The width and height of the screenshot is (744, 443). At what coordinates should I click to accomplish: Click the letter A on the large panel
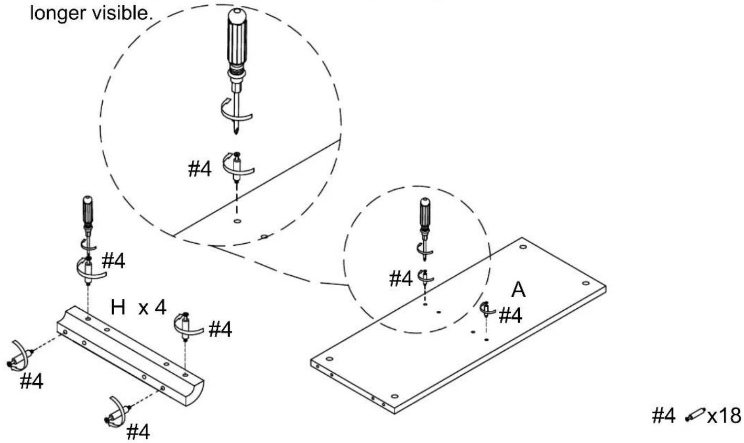coord(519,289)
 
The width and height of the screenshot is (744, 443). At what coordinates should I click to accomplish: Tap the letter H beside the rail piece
coord(118,307)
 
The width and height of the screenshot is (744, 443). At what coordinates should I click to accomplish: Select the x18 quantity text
coord(725,416)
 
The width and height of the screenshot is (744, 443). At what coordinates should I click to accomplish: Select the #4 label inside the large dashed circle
coord(200,169)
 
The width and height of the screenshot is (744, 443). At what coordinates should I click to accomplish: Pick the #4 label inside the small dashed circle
coord(401,278)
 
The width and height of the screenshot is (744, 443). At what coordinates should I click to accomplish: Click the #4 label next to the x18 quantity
coord(664,416)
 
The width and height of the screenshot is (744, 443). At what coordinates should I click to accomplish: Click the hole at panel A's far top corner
coord(523,247)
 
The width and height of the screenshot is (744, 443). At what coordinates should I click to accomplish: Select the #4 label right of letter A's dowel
coord(510,316)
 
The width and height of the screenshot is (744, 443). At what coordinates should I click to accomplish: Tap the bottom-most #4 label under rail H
coord(138,432)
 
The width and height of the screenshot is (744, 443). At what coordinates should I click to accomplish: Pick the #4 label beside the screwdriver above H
coord(114,261)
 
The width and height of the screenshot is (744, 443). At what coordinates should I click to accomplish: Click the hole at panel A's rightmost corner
coord(586,283)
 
